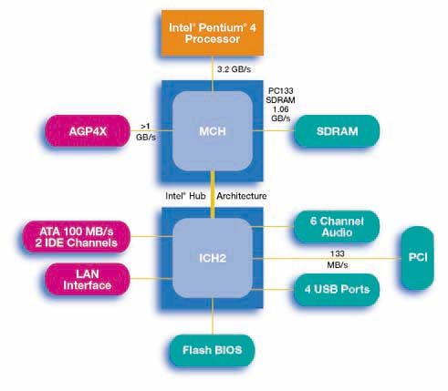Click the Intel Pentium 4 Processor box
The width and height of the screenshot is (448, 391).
(x=213, y=33)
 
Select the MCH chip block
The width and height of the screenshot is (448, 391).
(x=213, y=131)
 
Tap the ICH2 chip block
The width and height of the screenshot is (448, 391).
(x=213, y=258)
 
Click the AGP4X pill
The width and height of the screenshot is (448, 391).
(x=88, y=131)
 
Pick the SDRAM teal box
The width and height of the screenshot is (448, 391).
(x=337, y=131)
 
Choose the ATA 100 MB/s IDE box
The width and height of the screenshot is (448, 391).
(x=77, y=237)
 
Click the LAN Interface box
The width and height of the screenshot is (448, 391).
(x=88, y=279)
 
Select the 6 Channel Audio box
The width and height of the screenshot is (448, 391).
(x=337, y=226)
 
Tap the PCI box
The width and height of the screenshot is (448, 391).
(x=418, y=258)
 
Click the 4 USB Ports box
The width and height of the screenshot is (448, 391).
(x=337, y=289)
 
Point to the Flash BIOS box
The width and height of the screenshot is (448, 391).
(x=212, y=350)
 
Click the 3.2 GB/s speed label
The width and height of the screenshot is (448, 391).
(x=234, y=69)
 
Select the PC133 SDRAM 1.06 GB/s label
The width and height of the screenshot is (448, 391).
(x=280, y=104)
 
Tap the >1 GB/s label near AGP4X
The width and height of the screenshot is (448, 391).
(x=146, y=131)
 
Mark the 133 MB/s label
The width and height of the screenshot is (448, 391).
(x=338, y=259)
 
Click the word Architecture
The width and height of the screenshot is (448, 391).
(x=242, y=196)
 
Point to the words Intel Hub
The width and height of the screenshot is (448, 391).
(x=185, y=196)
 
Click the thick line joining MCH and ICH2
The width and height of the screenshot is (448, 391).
(x=213, y=195)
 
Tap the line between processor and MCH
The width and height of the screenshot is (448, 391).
(x=213, y=74)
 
